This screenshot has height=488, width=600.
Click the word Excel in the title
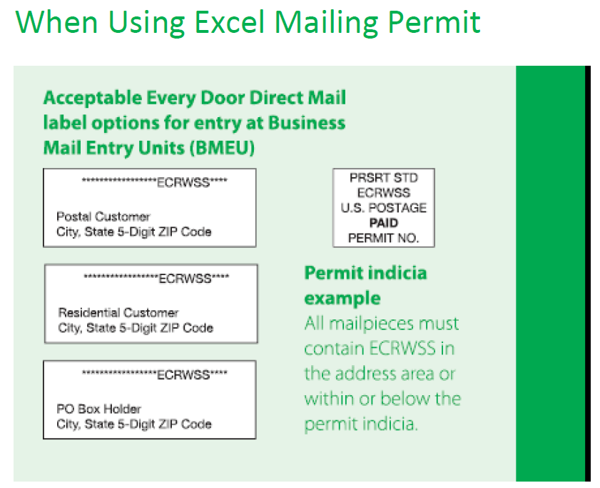click(x=229, y=22)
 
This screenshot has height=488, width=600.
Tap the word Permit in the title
click(x=434, y=22)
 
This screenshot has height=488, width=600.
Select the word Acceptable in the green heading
click(x=93, y=98)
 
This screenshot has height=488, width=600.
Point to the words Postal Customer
click(x=103, y=217)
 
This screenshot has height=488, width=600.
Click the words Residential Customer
click(x=118, y=313)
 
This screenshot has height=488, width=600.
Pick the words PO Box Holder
click(x=98, y=409)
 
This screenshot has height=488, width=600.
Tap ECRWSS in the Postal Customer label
click(x=183, y=182)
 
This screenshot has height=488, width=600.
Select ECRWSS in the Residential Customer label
click(x=185, y=279)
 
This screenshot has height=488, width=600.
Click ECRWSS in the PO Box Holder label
click(x=183, y=374)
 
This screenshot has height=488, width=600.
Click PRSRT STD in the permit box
click(x=384, y=178)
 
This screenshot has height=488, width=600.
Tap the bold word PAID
click(x=384, y=223)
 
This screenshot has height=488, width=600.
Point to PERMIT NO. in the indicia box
click(x=384, y=238)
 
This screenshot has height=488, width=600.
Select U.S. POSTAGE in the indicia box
click(x=384, y=208)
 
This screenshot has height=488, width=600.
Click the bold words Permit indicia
click(x=365, y=274)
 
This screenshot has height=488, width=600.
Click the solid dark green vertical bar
click(x=550, y=274)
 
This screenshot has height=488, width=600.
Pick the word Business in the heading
click(x=307, y=123)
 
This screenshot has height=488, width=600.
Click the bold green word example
click(x=342, y=299)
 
